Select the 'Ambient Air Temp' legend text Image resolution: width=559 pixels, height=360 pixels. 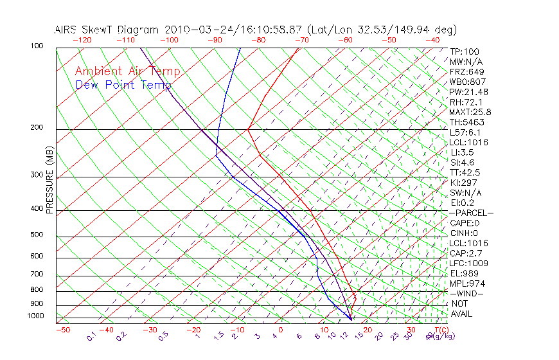click(x=127, y=71)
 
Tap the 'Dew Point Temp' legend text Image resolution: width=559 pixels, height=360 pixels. click(x=123, y=85)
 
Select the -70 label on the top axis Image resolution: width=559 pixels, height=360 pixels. click(x=302, y=40)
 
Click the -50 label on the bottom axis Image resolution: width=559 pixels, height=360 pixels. click(x=62, y=330)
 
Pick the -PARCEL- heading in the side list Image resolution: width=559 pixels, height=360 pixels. click(x=471, y=213)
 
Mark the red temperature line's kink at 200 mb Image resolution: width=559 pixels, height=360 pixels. click(x=248, y=129)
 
